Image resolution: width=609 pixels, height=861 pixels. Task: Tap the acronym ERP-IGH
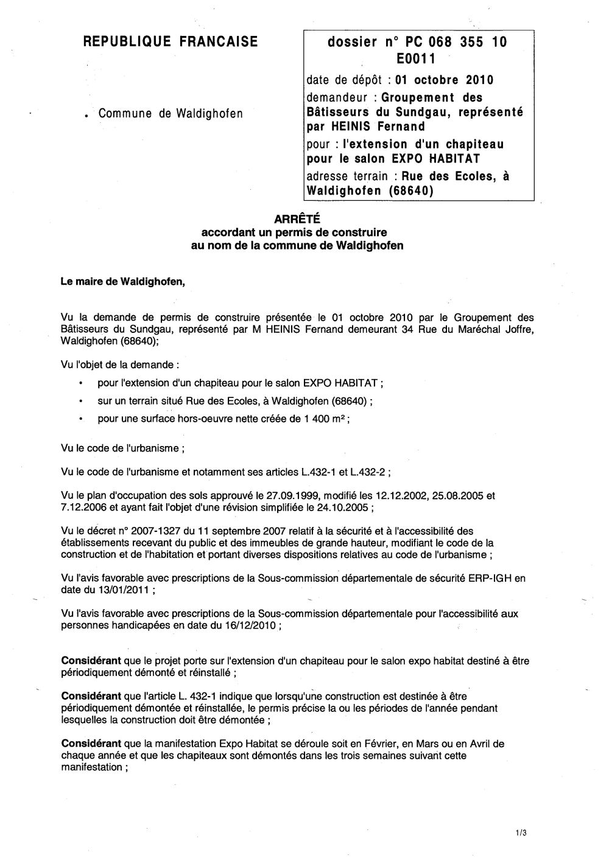[491, 578]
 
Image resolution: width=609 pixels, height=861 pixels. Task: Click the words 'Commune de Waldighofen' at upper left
[171, 113]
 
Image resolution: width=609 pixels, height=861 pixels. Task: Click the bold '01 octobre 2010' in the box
[445, 80]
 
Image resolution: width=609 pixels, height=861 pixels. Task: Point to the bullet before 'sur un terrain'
[81, 402]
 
